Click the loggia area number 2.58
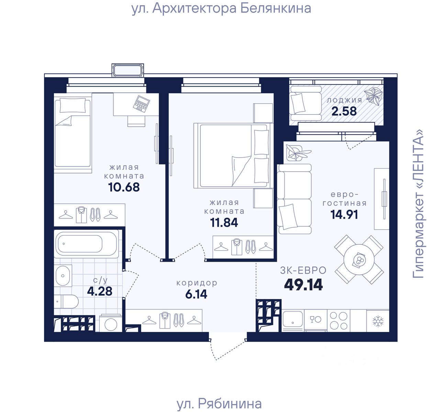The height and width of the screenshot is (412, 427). point(344,111)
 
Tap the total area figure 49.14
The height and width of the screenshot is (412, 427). point(303,285)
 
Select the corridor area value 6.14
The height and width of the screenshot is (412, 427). point(196,294)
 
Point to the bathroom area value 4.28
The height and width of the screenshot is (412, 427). point(100,291)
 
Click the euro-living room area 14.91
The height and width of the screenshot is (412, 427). point(344,215)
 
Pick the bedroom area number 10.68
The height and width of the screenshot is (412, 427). point(124,187)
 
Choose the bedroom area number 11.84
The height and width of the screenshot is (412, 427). point(224,222)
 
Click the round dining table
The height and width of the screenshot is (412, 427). point(359,260)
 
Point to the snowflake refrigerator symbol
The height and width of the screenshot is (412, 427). point(378,321)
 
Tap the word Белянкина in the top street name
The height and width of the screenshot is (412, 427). point(276,8)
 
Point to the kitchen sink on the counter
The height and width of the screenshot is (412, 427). point(293,319)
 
